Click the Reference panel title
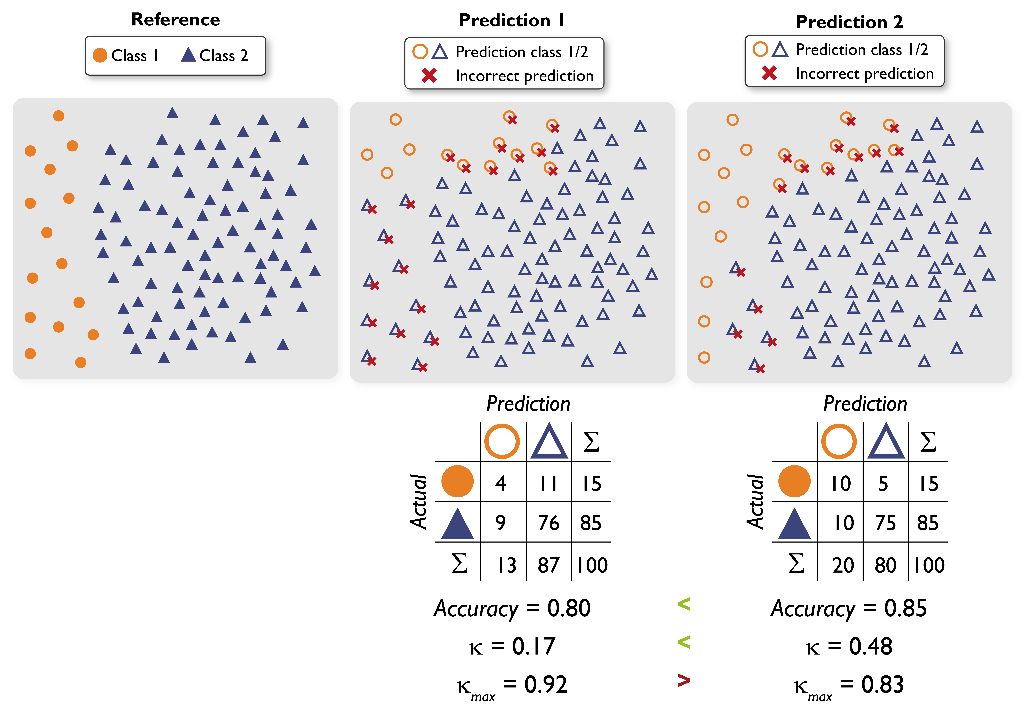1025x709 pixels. [175, 20]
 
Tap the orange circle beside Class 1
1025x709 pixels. [100, 55]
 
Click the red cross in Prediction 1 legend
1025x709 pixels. [429, 75]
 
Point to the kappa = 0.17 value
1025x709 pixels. [512, 646]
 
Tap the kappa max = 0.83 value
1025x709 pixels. [849, 685]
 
